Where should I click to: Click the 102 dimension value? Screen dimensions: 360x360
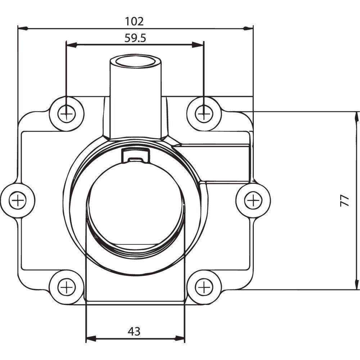click(134, 22)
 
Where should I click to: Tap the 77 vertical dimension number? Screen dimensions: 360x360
click(345, 201)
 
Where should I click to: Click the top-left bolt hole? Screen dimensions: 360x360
click(67, 114)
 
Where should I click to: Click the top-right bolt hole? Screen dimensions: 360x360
click(204, 114)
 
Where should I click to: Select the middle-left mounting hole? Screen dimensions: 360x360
click(17, 201)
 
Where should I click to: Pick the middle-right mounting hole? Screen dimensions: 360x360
click(253, 201)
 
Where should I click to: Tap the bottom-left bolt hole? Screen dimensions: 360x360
click(67, 287)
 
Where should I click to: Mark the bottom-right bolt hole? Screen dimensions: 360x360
click(204, 287)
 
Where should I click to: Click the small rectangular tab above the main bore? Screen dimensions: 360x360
click(136, 156)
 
